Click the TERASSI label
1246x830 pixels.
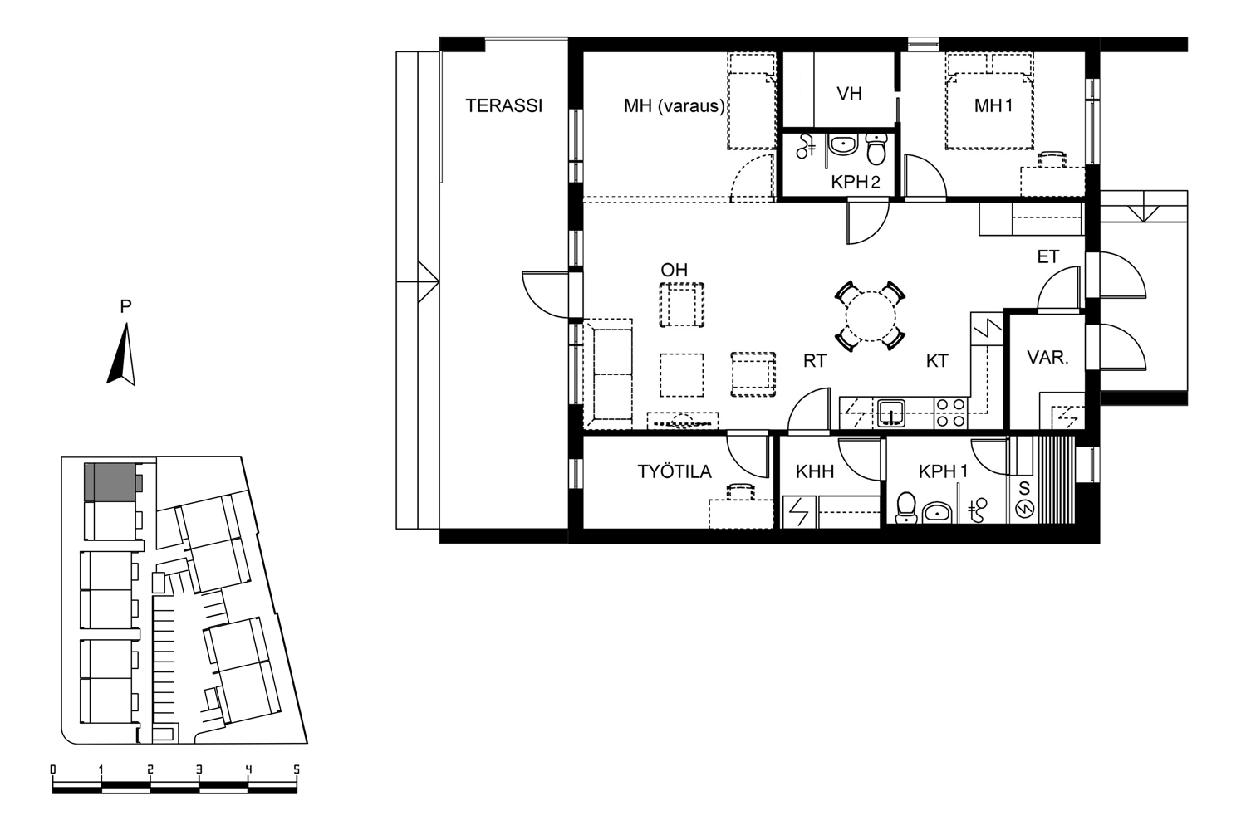click(503, 105)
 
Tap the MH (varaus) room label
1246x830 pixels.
click(675, 105)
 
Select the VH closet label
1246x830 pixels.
click(849, 94)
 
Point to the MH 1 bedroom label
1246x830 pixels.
click(993, 105)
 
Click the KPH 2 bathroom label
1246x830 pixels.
click(856, 182)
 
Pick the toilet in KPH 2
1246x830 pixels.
click(876, 149)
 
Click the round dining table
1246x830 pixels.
click(871, 316)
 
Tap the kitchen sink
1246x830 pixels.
click(890, 413)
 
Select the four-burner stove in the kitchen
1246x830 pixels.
click(950, 413)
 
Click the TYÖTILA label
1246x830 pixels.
click(675, 471)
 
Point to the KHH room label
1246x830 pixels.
click(815, 471)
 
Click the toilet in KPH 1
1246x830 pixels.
click(906, 508)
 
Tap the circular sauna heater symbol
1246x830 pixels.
click(1024, 510)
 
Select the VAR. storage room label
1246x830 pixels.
click(1048, 358)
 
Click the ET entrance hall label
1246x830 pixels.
click(1048, 256)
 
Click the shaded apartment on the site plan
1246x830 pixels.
click(110, 482)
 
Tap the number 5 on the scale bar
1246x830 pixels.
click(297, 770)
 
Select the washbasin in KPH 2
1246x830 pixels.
click(843, 145)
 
